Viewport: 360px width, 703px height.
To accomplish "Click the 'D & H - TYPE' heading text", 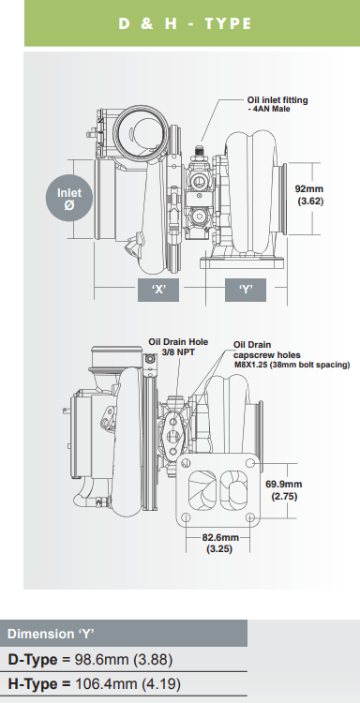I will [185, 23].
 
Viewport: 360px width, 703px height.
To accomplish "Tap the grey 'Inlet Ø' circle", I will [69, 199].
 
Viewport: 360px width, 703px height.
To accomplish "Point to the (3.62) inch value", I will [310, 201].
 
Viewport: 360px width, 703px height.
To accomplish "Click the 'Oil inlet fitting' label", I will [277, 99].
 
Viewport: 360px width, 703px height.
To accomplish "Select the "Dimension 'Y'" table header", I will [56, 633].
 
